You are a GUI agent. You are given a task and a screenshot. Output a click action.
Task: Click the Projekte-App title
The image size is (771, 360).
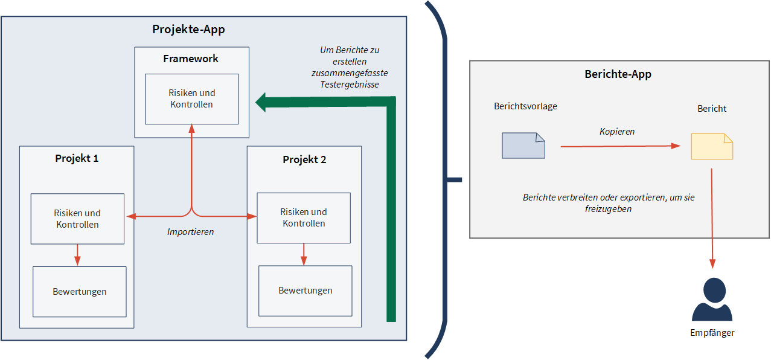click(189, 30)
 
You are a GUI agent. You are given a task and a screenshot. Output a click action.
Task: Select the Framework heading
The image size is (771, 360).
click(191, 59)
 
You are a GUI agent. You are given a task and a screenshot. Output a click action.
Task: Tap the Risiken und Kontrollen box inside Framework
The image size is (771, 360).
click(191, 98)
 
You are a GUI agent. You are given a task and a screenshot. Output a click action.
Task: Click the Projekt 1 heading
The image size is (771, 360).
click(77, 158)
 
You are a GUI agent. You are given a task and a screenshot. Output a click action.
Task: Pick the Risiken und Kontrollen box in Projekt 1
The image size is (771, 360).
click(77, 219)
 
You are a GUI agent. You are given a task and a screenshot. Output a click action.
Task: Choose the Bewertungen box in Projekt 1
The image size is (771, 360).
click(79, 292)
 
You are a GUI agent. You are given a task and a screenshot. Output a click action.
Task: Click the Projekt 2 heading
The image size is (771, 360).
click(304, 159)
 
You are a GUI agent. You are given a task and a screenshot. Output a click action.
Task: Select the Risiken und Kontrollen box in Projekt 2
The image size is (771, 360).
click(303, 217)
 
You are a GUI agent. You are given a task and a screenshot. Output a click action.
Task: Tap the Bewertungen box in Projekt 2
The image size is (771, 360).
click(305, 291)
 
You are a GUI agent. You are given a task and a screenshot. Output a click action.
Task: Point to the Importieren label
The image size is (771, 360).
click(190, 231)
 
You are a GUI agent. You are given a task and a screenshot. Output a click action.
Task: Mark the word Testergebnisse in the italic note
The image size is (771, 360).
click(350, 85)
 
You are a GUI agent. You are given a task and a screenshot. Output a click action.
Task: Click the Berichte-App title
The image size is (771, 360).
click(618, 74)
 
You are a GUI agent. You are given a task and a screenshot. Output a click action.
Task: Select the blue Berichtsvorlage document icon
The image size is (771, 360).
click(523, 146)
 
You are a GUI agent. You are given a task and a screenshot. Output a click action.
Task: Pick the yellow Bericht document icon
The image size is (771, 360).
click(712, 147)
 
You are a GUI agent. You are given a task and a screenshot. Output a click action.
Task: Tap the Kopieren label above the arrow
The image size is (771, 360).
click(616, 131)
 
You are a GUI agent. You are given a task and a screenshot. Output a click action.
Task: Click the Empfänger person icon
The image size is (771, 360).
click(712, 300)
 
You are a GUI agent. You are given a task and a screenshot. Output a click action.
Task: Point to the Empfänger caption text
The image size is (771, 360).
click(712, 333)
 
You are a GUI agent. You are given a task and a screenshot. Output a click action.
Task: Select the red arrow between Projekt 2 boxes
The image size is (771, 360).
click(304, 254)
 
